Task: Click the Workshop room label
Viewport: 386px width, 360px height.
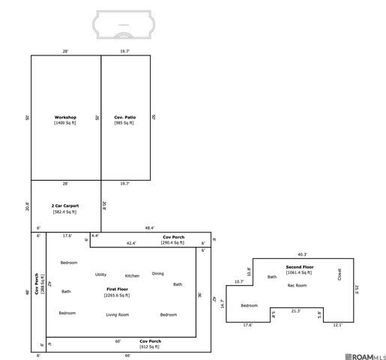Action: [65, 118]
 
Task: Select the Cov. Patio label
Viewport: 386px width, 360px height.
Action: [124, 118]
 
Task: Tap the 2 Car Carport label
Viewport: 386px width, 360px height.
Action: [65, 205]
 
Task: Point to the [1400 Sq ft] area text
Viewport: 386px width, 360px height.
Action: [65, 123]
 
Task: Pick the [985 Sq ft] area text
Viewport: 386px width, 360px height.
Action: [124, 123]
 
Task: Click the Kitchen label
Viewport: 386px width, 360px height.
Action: [132, 276]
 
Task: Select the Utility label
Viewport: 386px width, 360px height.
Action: [100, 274]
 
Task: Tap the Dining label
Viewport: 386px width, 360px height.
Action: [157, 273]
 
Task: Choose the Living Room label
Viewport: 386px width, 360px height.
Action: [118, 314]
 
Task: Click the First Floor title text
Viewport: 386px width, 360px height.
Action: [117, 289]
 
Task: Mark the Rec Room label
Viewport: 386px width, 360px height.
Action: [298, 285]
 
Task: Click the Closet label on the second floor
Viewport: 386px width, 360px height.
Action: [339, 274]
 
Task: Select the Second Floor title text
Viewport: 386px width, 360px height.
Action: [300, 267]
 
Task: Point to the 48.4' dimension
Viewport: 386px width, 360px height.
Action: [149, 227]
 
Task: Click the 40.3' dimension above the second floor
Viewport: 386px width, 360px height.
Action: [302, 254]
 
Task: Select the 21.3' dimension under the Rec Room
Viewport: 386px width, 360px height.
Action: [296, 311]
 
